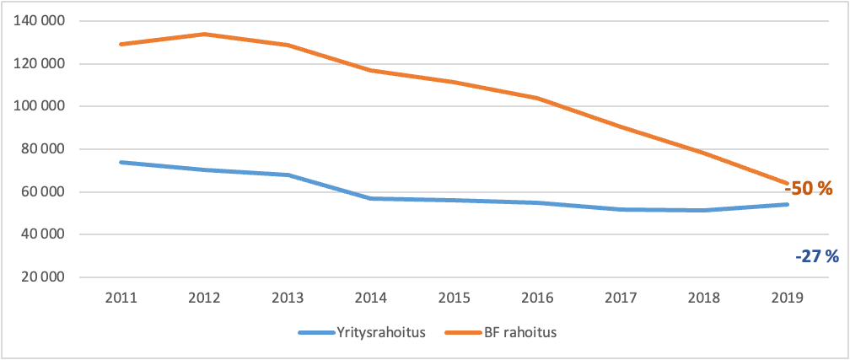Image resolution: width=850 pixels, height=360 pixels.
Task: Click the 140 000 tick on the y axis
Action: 41,21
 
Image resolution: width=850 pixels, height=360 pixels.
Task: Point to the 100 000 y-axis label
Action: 41,106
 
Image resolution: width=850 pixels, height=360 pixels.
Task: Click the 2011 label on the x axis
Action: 121,298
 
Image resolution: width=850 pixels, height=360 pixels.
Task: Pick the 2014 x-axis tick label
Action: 371,298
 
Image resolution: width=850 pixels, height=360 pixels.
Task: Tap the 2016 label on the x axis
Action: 538,298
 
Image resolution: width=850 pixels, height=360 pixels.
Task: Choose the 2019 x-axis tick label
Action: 788,298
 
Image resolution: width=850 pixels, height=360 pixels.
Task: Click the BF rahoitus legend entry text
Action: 522,332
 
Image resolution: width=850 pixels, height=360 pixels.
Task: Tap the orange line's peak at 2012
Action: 205,34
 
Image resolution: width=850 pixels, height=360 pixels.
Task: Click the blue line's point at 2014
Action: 371,198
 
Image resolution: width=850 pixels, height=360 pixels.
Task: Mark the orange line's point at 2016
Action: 538,98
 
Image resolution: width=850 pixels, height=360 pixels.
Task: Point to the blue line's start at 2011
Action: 121,162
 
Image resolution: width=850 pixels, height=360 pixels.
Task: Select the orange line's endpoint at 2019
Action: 788,182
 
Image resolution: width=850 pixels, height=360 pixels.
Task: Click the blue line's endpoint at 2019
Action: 788,204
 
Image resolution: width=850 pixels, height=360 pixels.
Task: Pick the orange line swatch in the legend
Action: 467,332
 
